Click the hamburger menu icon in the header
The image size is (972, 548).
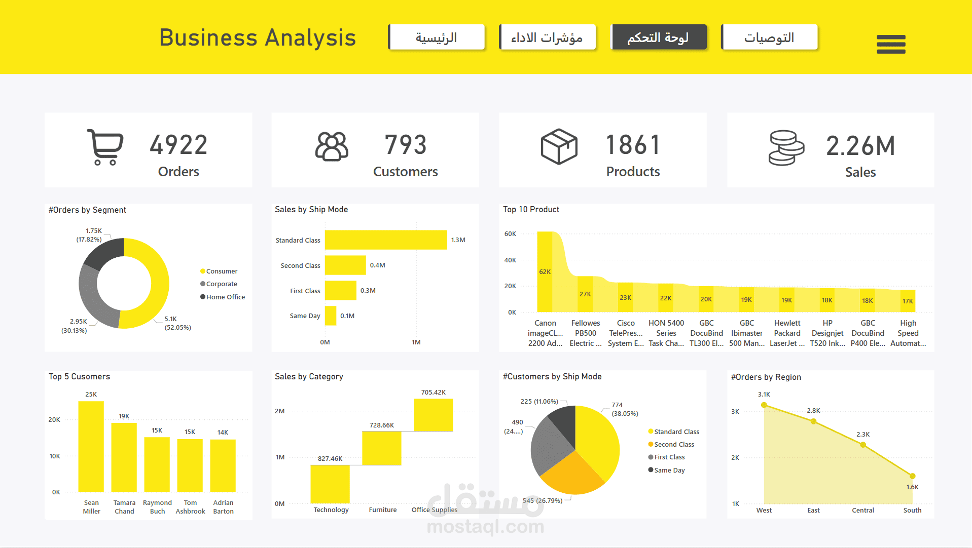coord(891,44)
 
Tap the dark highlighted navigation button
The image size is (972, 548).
coord(658,37)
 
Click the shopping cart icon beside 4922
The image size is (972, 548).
coord(105,147)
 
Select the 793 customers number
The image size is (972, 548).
coord(405,145)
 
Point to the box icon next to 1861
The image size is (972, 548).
coord(559,146)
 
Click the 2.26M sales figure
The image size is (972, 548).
coord(860,146)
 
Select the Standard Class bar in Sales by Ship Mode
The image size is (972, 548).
coord(385,240)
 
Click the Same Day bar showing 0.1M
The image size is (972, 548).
coord(331,316)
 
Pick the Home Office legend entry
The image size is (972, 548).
coord(225,297)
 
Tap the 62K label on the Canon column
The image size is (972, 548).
coord(545,272)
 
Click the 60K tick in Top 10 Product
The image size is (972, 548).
coord(510,234)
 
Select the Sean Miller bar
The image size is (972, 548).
coord(91,446)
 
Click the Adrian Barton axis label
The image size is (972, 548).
coord(223,507)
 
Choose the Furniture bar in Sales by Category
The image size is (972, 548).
coord(381,448)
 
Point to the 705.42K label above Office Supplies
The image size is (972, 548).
coord(433,393)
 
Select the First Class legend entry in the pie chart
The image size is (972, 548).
coord(669,457)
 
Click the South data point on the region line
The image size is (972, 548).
coord(912,476)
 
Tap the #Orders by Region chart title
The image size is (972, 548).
coord(766,377)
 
